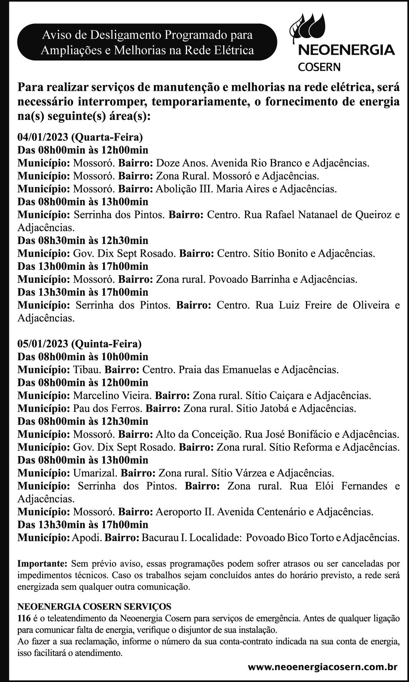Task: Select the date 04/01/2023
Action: coord(43,137)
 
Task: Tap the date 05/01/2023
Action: coord(43,343)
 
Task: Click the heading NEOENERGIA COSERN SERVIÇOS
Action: coord(94,607)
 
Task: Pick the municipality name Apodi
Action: coord(87,537)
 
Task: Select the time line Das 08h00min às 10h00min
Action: coord(83,357)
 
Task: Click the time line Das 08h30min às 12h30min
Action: coord(83,241)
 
